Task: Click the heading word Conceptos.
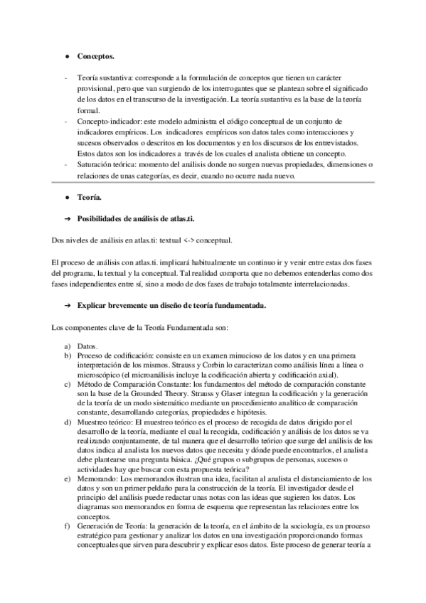click(x=95, y=55)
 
